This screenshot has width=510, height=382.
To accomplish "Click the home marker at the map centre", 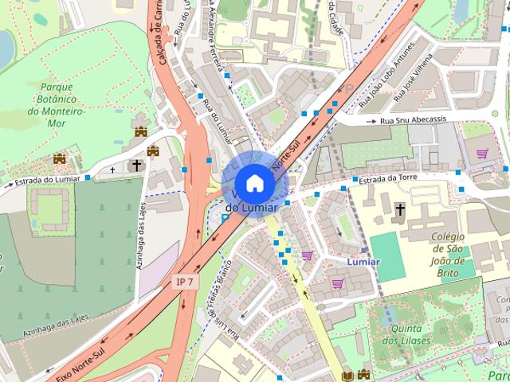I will click(x=254, y=182).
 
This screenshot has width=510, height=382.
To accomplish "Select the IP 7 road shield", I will click(x=184, y=283).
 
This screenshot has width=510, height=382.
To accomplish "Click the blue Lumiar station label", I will click(x=363, y=261).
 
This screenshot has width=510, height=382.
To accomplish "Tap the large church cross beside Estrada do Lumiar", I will click(x=136, y=166).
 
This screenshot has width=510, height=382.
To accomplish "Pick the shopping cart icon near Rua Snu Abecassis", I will click(x=481, y=153).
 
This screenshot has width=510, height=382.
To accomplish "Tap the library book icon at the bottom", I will click(x=347, y=376).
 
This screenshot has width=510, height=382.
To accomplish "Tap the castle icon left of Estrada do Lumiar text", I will click(x=59, y=159).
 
